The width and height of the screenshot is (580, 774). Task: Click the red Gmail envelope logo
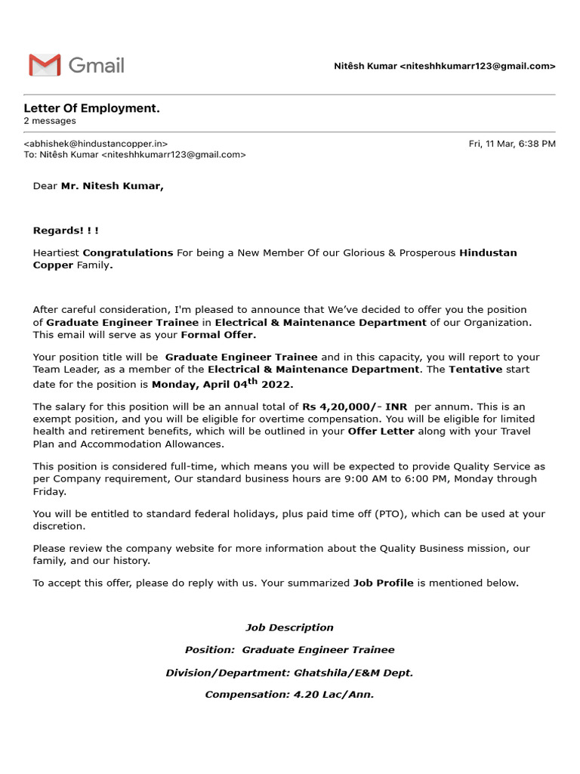pos(45,65)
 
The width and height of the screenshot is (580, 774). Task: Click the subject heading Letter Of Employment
pos(92,109)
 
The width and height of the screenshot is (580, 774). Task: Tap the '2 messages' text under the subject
pos(50,121)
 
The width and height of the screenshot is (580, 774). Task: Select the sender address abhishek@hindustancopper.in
pos(96,144)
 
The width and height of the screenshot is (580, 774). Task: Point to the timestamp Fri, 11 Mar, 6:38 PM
pos(512,144)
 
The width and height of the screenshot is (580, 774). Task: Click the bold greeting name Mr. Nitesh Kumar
pos(112,186)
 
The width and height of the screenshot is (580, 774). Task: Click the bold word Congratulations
pos(128,252)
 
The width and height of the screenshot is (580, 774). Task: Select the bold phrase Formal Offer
pos(218,335)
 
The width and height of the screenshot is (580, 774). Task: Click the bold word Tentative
pos(476,370)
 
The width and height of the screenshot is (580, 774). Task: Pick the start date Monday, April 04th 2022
pos(222,384)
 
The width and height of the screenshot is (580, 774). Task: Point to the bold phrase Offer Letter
pos(381,432)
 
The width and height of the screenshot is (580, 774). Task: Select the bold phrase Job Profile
pos(384,583)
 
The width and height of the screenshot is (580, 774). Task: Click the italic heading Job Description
pos(289,627)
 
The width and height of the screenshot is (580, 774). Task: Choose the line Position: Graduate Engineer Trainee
pos(289,650)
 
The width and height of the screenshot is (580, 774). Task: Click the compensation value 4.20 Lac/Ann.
pos(334,695)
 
